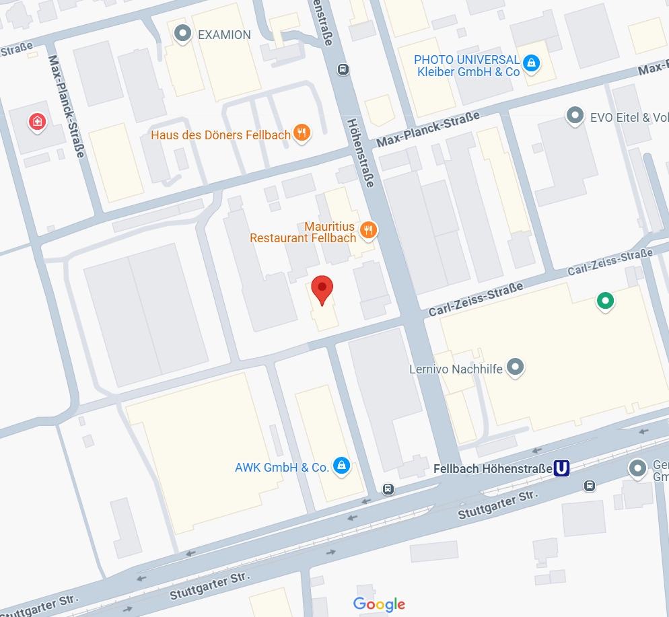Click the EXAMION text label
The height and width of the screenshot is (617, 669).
point(224,34)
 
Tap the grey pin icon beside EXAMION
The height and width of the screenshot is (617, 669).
point(182,33)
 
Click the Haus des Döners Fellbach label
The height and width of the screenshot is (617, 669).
point(221,135)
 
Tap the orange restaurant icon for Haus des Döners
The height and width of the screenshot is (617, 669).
point(302,134)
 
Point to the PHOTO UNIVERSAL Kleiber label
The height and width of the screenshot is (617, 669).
point(466,66)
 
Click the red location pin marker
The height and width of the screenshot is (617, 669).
point(323,290)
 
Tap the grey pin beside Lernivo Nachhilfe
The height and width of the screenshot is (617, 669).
point(515,367)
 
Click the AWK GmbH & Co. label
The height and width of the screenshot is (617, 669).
point(281,467)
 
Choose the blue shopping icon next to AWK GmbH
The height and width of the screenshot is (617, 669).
point(341,466)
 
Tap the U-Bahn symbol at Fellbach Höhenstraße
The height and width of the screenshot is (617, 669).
point(561,468)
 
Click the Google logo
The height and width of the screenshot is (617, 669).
point(379,604)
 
